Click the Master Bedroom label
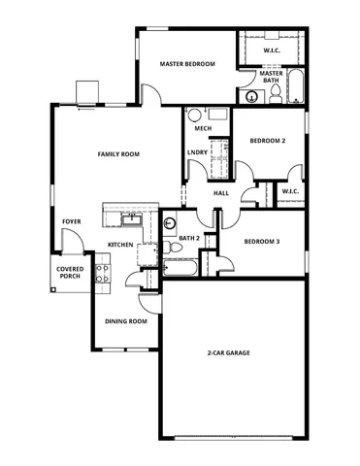186,64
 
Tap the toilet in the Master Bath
275,93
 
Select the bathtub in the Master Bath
294,87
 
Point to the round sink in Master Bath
254,96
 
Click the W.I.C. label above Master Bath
272,48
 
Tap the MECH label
204,128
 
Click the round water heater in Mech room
195,114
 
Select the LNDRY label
195,152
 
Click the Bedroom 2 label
267,141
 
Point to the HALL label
221,192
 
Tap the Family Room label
118,154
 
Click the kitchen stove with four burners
103,275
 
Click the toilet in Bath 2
174,250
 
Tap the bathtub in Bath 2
180,267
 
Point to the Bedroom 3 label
261,241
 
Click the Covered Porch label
69,273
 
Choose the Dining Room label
126,321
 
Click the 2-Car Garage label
229,353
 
